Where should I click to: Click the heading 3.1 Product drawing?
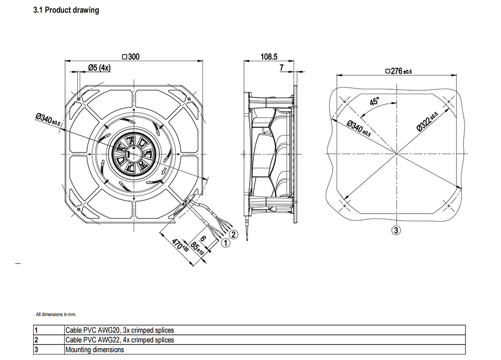coord(66,10)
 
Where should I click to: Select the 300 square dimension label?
coord(131,57)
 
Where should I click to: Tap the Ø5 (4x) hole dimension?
coord(99,68)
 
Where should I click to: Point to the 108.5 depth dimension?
coord(269,57)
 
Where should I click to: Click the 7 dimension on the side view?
coord(282,68)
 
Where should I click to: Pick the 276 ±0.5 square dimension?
coord(399,71)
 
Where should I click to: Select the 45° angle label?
coord(374,101)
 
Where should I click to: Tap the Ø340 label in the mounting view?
coord(359,128)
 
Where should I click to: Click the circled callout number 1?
coord(225,243)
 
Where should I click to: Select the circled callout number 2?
coord(233,235)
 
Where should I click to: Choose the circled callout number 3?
coord(396,230)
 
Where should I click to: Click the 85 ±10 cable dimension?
coord(197,248)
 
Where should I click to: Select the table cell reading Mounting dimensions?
coord(95,350)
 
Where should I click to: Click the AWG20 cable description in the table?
coord(120,330)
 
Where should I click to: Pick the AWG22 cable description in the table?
coord(120,340)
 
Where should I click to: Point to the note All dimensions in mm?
coord(56,314)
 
